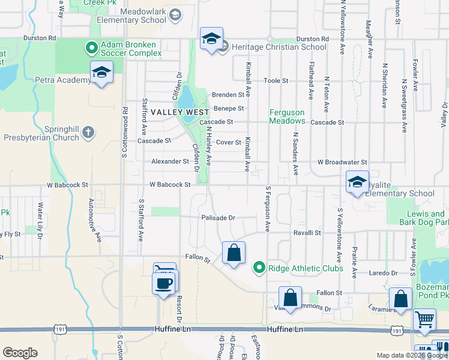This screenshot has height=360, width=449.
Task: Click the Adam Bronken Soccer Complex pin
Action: (x=91, y=47)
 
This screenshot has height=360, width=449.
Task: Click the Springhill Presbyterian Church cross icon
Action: (x=88, y=131)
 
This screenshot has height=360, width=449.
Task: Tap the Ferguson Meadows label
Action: (x=287, y=116)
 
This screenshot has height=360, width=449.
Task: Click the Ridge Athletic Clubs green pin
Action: (x=259, y=268)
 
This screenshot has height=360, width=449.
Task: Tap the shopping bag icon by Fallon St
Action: (x=234, y=252)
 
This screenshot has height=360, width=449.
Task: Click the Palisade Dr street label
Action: (x=218, y=218)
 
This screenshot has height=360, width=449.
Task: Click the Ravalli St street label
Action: (x=307, y=232)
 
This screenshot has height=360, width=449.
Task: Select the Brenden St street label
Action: (x=228, y=95)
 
